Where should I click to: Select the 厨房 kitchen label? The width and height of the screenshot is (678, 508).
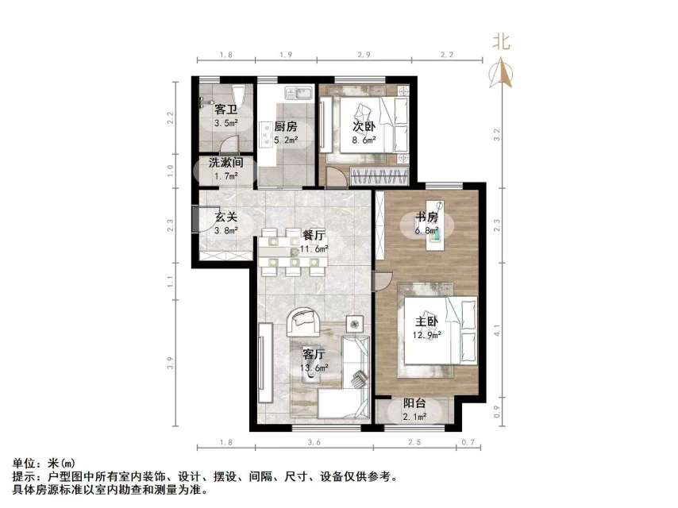(286, 127)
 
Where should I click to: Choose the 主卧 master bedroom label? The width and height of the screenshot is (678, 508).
(427, 321)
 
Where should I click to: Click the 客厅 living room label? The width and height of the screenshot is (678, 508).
(315, 353)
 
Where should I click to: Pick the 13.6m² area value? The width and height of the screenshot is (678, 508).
(315, 367)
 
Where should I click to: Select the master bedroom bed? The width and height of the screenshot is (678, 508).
(433, 329)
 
